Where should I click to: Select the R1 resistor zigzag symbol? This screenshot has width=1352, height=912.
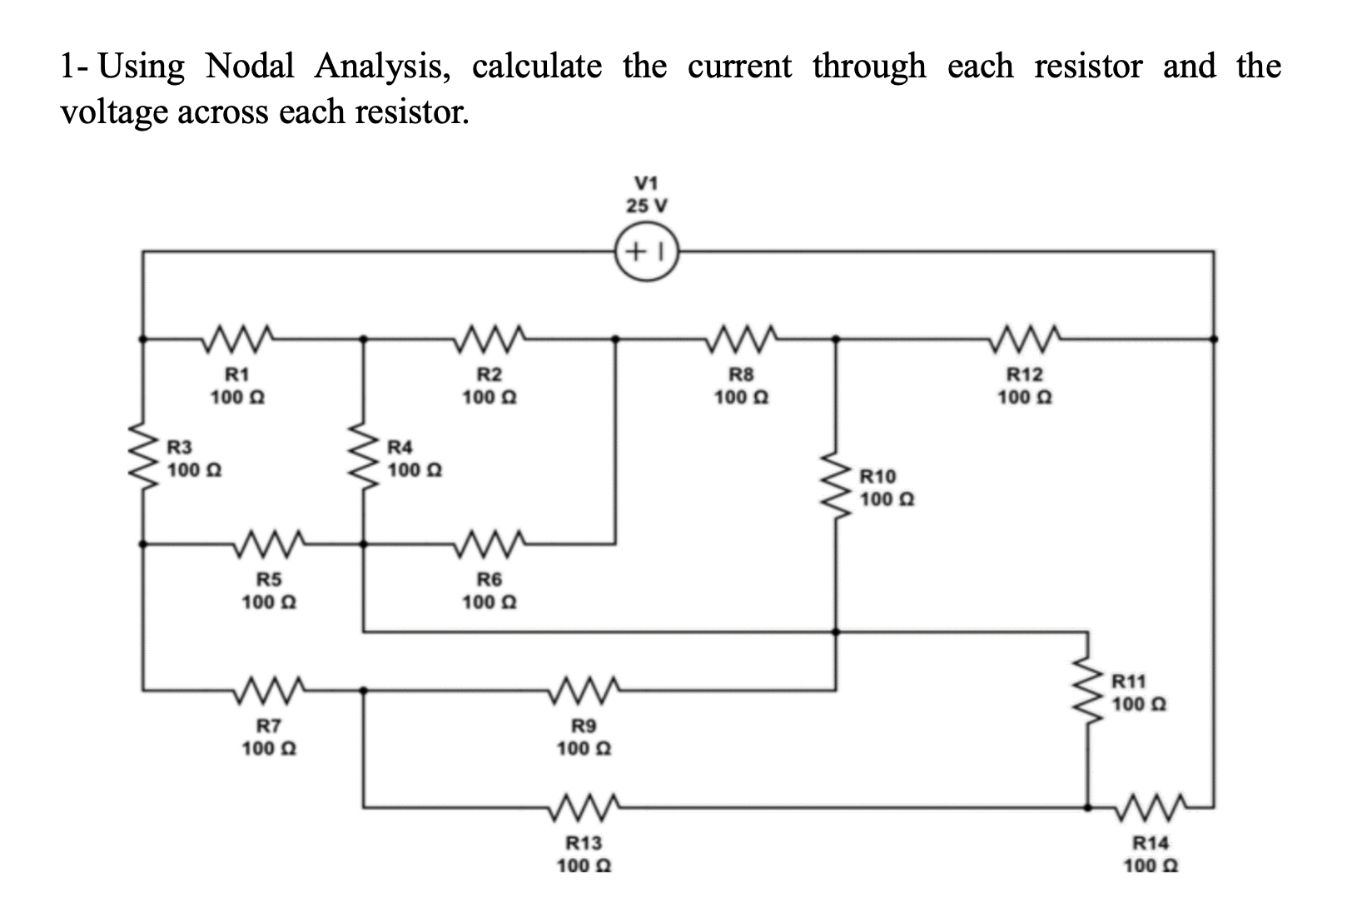coord(239,338)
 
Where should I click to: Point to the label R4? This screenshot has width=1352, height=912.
coord(401,447)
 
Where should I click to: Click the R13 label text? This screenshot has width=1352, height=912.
coord(584,843)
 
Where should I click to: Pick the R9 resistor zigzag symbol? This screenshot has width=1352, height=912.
coord(584,689)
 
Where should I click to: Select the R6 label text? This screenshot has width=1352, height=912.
coord(489,580)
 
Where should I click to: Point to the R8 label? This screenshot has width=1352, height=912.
coord(741,375)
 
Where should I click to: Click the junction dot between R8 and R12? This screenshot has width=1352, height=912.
coord(837,339)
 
